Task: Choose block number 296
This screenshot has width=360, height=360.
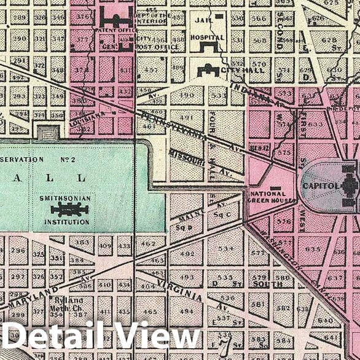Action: coord(18,250)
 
